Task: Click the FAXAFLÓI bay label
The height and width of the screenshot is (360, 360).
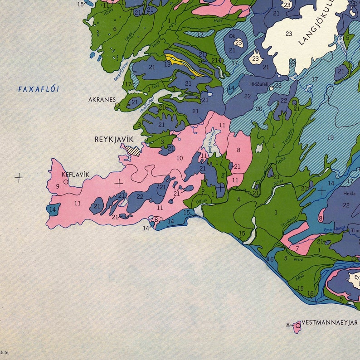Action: (39, 89)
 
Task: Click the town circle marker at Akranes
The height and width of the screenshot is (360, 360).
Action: (117, 105)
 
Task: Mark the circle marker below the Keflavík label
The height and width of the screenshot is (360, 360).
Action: (66, 182)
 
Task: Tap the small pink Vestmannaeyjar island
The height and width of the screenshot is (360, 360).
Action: (297, 326)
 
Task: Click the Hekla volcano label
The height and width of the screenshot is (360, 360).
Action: (349, 194)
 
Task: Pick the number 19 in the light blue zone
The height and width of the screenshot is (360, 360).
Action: (330, 138)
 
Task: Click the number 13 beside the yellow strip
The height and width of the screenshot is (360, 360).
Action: (168, 64)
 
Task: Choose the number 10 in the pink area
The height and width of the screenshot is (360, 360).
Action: (180, 158)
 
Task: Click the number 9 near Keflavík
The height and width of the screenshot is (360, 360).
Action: (58, 186)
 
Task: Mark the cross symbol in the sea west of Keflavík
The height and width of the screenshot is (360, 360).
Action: (19, 178)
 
